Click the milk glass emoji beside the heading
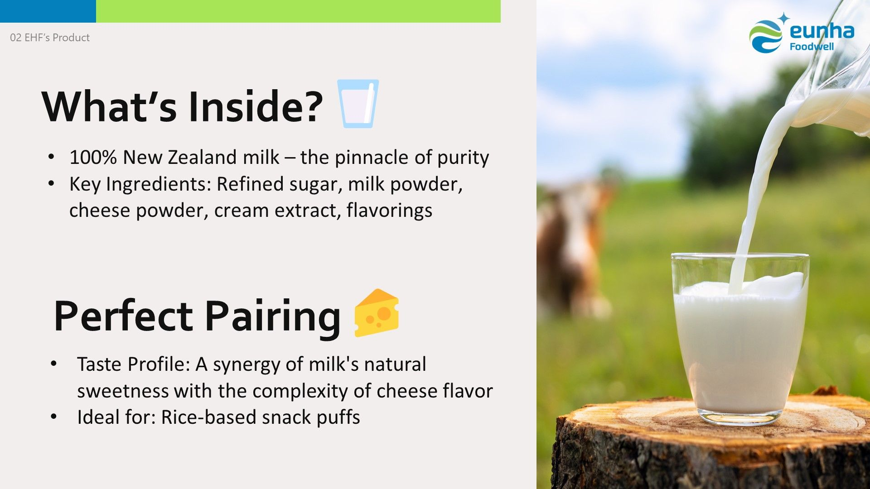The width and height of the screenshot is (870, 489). (358, 104)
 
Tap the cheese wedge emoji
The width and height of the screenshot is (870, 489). (377, 313)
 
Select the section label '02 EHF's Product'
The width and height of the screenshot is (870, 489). (50, 38)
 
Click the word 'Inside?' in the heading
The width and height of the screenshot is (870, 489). (256, 106)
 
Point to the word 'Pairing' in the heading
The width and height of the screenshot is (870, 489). (272, 317)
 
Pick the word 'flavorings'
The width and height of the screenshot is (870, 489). (390, 211)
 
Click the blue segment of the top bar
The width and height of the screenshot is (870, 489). (48, 11)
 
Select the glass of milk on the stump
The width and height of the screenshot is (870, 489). (740, 339)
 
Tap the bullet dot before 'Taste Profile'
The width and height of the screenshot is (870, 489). (54, 364)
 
